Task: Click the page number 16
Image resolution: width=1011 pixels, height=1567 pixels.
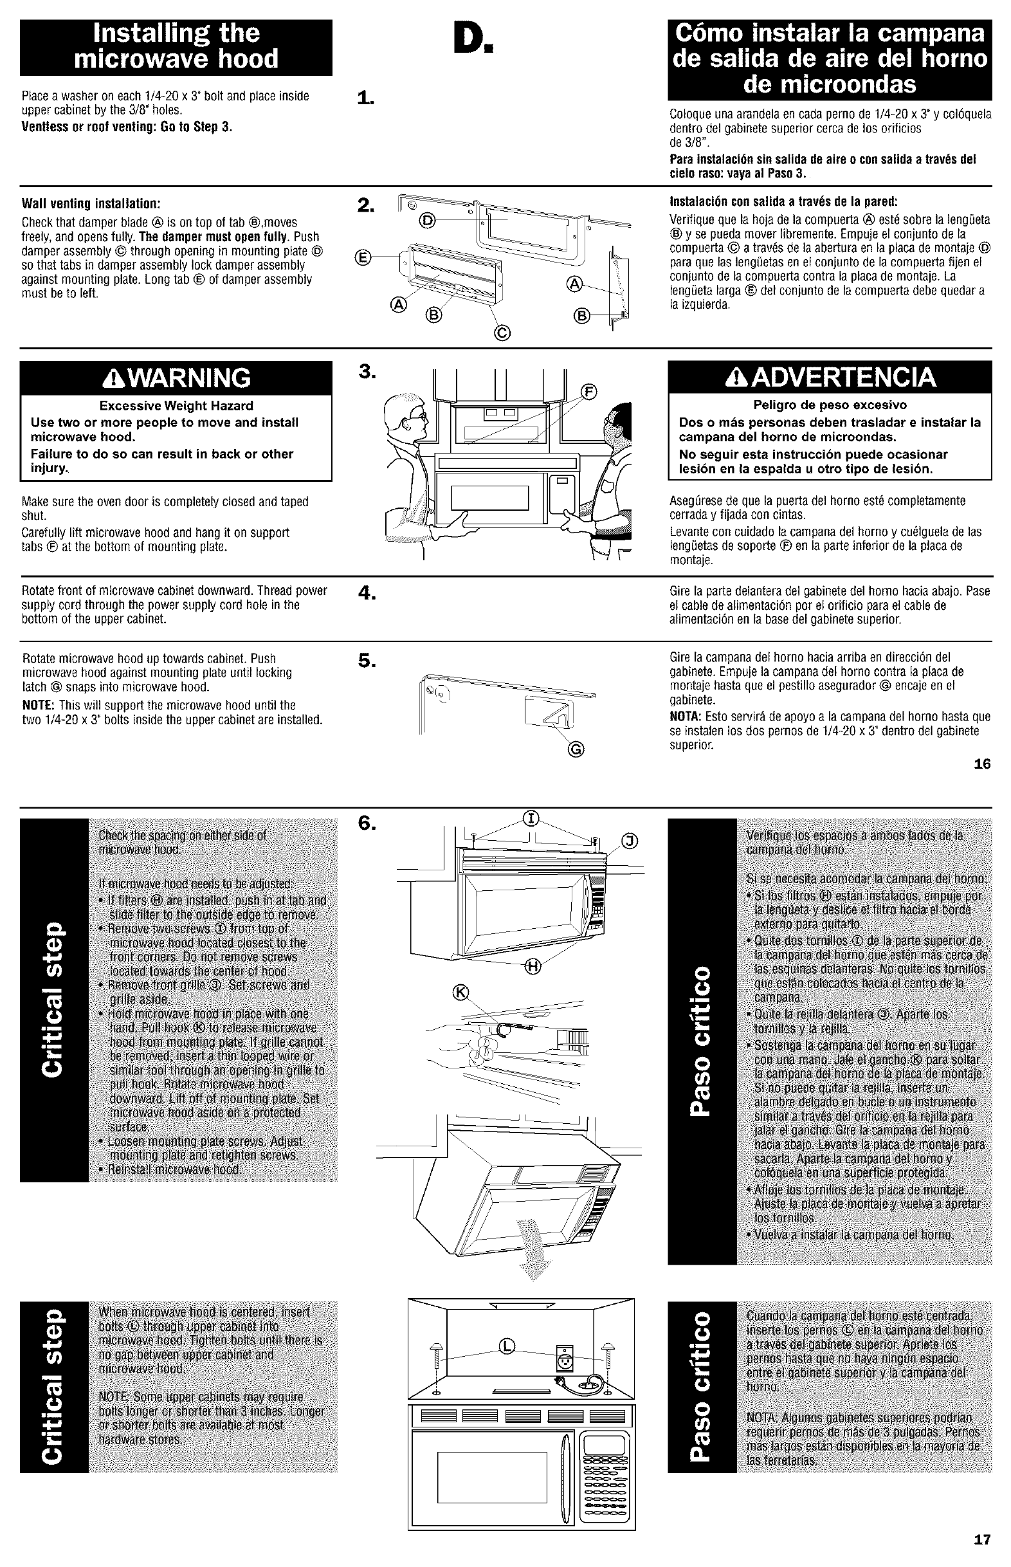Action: pos(982,764)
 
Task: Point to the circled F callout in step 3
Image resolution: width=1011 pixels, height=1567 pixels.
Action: pos(590,392)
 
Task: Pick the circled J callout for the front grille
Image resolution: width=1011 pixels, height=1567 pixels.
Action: pos(629,841)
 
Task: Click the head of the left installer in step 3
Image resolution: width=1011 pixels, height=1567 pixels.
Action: pos(405,416)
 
